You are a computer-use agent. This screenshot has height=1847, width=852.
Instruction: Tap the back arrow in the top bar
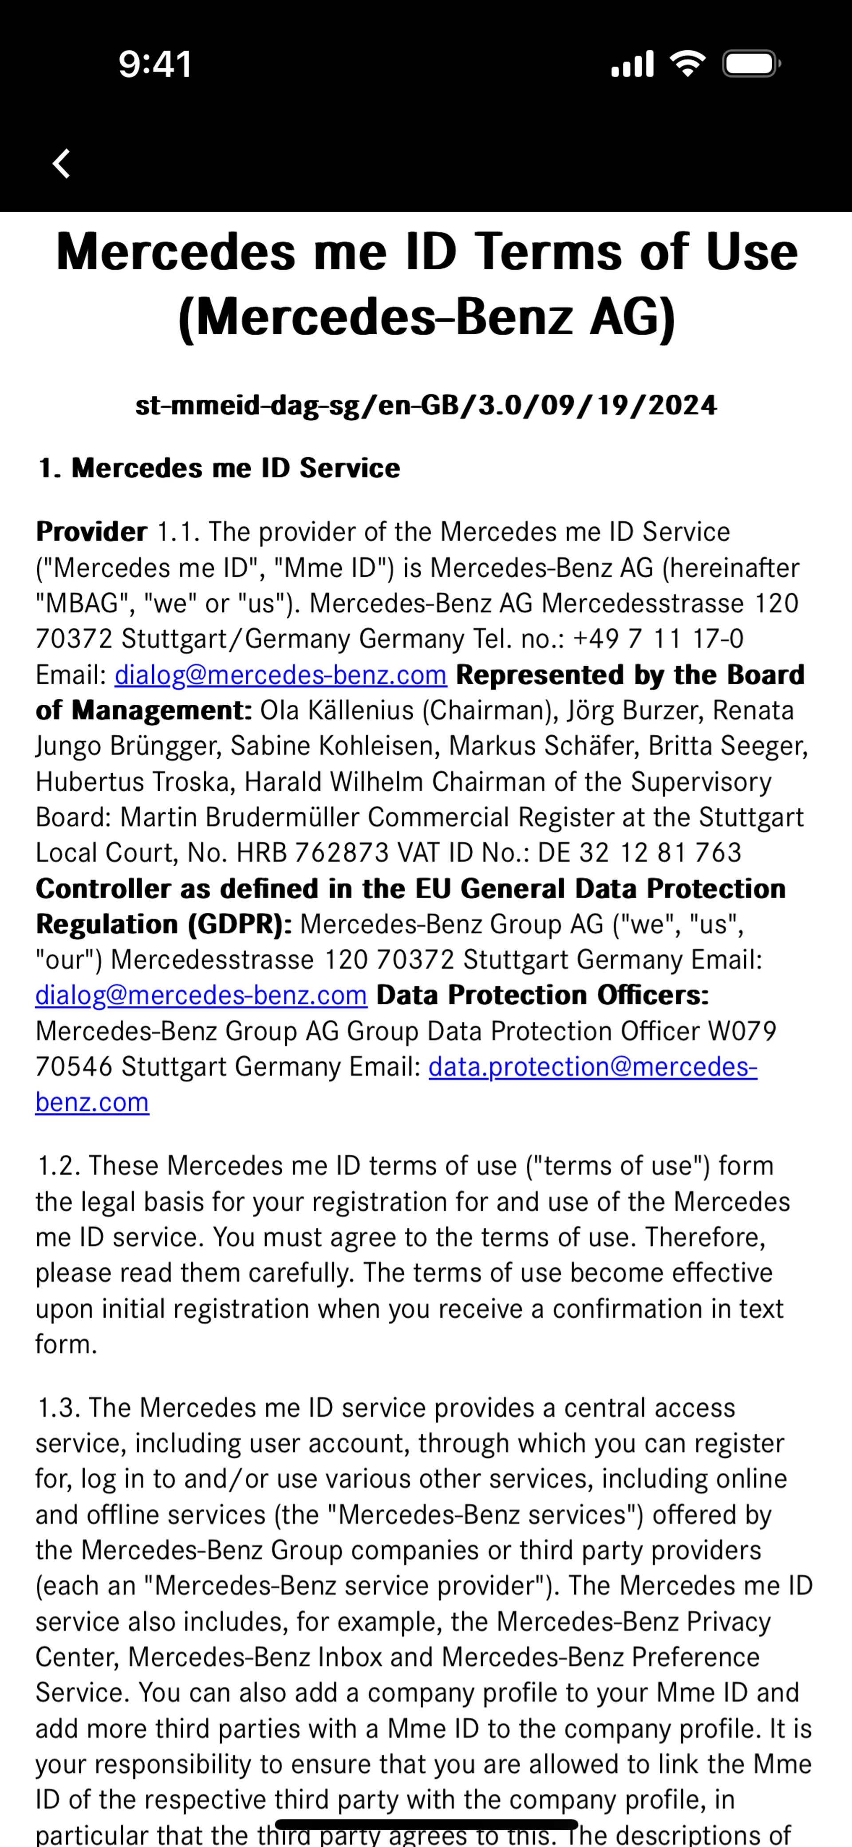tap(62, 163)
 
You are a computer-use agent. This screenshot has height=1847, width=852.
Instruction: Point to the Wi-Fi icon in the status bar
tap(687, 64)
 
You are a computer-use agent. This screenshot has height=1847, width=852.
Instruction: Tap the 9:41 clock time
tap(155, 64)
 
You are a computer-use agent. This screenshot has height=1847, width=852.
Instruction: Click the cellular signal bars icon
tap(632, 64)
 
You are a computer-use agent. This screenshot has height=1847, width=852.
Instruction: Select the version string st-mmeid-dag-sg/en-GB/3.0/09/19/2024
tap(426, 406)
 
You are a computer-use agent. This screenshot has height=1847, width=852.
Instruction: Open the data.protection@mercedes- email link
tap(592, 1067)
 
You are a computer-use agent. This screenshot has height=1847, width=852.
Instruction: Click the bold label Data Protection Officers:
tap(542, 995)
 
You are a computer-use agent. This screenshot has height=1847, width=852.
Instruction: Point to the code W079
tap(742, 1031)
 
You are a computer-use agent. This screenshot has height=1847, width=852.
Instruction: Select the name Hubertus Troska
tap(135, 781)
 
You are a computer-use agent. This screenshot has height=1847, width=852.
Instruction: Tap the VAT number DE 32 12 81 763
tap(640, 852)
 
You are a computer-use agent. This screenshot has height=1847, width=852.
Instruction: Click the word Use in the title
tap(752, 253)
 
